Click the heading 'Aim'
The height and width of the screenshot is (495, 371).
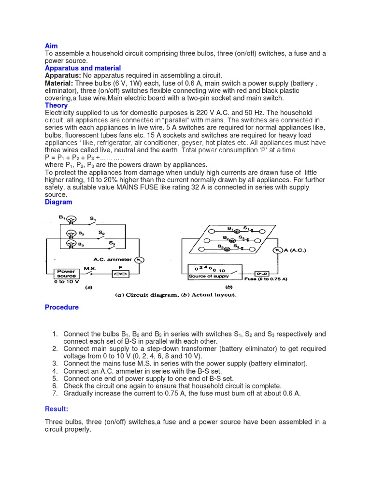coord(51,46)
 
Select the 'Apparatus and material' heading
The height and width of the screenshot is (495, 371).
coord(83,68)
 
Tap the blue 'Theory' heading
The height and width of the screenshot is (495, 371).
coord(56,105)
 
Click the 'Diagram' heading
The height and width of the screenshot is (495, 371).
coord(58,202)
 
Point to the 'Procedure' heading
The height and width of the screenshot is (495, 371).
coord(61,307)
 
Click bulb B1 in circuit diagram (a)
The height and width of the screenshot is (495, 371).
coord(71,219)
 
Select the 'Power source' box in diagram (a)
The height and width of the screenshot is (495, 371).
coord(66,274)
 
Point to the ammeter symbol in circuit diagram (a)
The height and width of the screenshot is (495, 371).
coord(139,260)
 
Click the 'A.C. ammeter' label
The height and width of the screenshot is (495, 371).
coord(112,260)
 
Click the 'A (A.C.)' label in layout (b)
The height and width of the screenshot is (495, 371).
coord(293,250)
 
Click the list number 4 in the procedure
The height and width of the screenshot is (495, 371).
coord(55,371)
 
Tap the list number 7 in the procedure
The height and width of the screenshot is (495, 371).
coord(55,393)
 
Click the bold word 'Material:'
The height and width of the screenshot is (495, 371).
coord(59,83)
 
